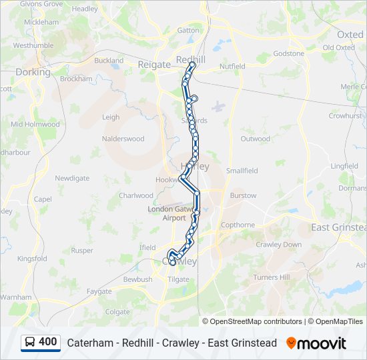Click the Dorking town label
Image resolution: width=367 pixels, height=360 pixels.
[33, 72]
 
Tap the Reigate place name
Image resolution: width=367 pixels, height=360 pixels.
[155, 64]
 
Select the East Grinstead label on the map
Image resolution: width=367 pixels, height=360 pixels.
[339, 227]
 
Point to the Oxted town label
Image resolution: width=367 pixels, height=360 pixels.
[350, 34]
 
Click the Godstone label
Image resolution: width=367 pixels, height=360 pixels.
[288, 53]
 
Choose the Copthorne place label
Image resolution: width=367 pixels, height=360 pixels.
[238, 225]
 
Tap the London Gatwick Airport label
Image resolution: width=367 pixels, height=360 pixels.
[166, 213]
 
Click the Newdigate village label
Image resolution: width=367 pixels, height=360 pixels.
[72, 178]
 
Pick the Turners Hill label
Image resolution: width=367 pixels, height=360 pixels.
[271, 277]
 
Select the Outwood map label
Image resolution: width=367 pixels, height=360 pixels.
[256, 139]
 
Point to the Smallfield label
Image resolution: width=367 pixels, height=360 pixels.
[242, 171]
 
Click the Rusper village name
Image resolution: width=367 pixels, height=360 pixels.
[82, 251]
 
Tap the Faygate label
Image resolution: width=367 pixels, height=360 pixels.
[99, 291]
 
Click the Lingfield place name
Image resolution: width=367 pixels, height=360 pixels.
[344, 166]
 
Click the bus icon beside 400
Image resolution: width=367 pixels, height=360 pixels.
[30, 342]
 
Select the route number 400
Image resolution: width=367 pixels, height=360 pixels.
[48, 342]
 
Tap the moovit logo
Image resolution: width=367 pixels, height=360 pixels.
[316, 343]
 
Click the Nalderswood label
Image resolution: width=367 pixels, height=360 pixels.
[123, 139]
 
